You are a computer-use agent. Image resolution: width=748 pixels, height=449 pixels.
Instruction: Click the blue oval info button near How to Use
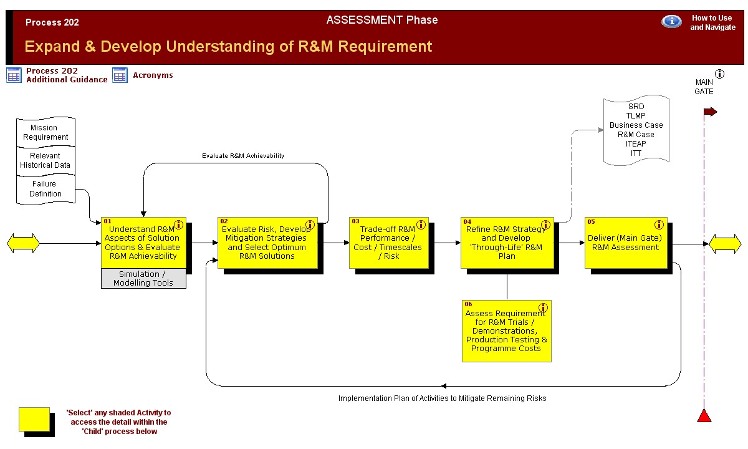tap(671, 22)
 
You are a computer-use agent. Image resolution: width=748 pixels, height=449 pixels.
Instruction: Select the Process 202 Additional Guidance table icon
tap(14, 75)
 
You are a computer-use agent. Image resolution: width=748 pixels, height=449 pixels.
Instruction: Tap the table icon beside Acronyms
tap(120, 75)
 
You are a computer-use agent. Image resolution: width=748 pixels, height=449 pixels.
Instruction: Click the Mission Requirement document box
tap(46, 132)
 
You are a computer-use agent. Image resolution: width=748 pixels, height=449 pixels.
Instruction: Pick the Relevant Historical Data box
tap(46, 161)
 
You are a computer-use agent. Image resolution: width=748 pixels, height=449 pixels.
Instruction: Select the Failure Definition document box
tap(46, 189)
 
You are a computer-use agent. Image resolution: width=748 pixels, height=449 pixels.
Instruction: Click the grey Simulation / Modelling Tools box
tap(143, 278)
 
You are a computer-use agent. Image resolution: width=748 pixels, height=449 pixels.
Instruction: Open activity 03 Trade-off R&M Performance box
tap(389, 243)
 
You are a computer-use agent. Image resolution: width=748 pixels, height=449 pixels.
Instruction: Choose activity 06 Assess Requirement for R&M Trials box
tap(507, 331)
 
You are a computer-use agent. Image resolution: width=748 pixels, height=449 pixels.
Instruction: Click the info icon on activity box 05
tap(659, 225)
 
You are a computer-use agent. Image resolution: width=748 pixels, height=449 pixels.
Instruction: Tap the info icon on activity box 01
tap(179, 225)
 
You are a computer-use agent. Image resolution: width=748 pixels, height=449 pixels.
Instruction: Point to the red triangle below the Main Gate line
tap(704, 415)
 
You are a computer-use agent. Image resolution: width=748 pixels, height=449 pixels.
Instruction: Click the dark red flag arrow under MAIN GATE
tap(710, 112)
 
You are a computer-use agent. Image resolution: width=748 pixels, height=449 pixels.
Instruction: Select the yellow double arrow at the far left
tap(23, 243)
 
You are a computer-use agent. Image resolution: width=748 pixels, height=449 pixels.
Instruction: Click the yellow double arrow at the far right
tap(725, 244)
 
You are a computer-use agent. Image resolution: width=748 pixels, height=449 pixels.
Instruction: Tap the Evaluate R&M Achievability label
tap(243, 156)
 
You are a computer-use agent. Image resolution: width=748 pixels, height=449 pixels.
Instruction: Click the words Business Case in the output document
tap(636, 125)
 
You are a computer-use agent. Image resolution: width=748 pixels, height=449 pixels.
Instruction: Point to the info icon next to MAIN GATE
tap(719, 74)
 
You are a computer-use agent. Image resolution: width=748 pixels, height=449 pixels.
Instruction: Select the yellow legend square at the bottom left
tap(34, 419)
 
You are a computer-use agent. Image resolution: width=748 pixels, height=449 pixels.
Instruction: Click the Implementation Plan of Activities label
tap(442, 398)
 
